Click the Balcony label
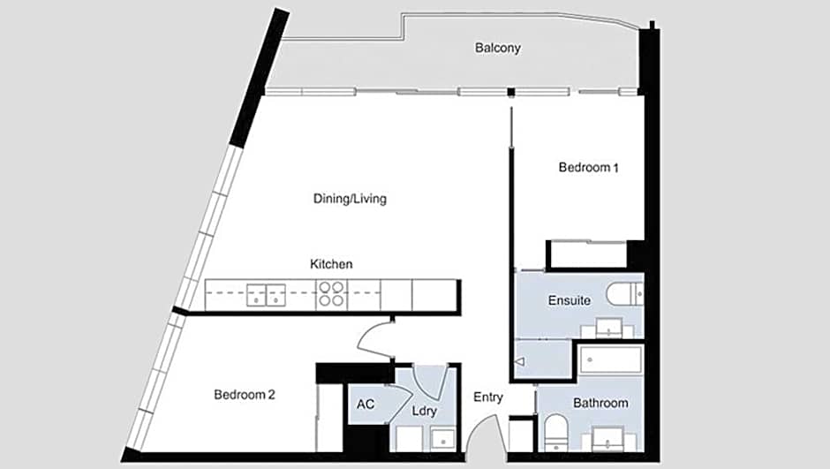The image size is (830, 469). coord(498,49)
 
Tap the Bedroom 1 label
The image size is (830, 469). coord(589,168)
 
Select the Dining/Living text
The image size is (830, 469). coord(350,199)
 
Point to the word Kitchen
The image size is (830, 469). coord(331,264)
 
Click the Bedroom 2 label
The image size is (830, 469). coord(245,395)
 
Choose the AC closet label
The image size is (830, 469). coord(366,405)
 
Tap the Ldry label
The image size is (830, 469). coord(424,412)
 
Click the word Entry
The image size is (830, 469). coord(488,397)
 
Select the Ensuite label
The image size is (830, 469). coord(569,300)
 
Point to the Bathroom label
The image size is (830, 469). coord(600,404)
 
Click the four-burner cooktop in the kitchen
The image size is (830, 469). coord(332,294)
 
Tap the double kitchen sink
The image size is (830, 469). coord(267,295)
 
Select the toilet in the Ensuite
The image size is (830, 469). coord(624,294)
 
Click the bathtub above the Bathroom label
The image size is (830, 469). coord(611,360)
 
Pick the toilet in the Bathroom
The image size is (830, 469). coord(555,431)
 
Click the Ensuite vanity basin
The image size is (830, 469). coord(608,328)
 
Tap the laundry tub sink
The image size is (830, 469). coord(442,439)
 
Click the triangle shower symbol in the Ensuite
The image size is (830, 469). coord(519,361)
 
